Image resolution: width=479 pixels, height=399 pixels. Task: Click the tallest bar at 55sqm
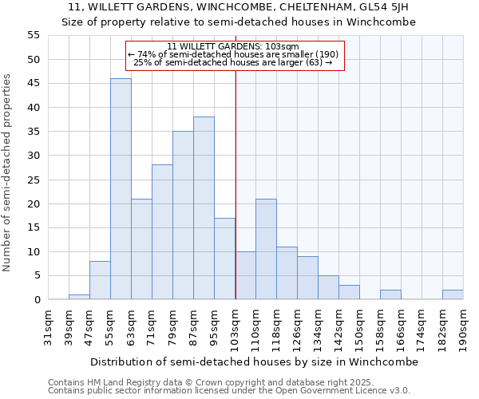click(x=121, y=189)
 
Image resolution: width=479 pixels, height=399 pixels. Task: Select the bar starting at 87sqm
click(x=204, y=208)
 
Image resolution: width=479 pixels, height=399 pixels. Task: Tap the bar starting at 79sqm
click(x=183, y=215)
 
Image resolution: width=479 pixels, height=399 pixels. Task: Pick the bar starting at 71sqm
click(x=162, y=232)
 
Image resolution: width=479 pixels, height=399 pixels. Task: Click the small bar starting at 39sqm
click(x=79, y=297)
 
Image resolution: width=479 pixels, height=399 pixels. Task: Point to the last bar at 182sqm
click(x=453, y=294)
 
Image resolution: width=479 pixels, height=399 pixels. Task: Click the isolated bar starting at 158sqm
click(x=390, y=294)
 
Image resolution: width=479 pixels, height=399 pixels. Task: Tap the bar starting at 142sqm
click(x=349, y=292)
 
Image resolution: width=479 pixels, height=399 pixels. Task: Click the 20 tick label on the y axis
click(x=34, y=203)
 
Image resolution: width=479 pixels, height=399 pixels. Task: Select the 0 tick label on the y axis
click(x=37, y=300)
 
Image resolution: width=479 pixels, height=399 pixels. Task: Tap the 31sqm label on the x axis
click(x=48, y=328)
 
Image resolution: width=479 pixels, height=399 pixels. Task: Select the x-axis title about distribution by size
click(x=254, y=361)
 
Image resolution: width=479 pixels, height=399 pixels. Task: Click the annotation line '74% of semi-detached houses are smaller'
click(x=234, y=54)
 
